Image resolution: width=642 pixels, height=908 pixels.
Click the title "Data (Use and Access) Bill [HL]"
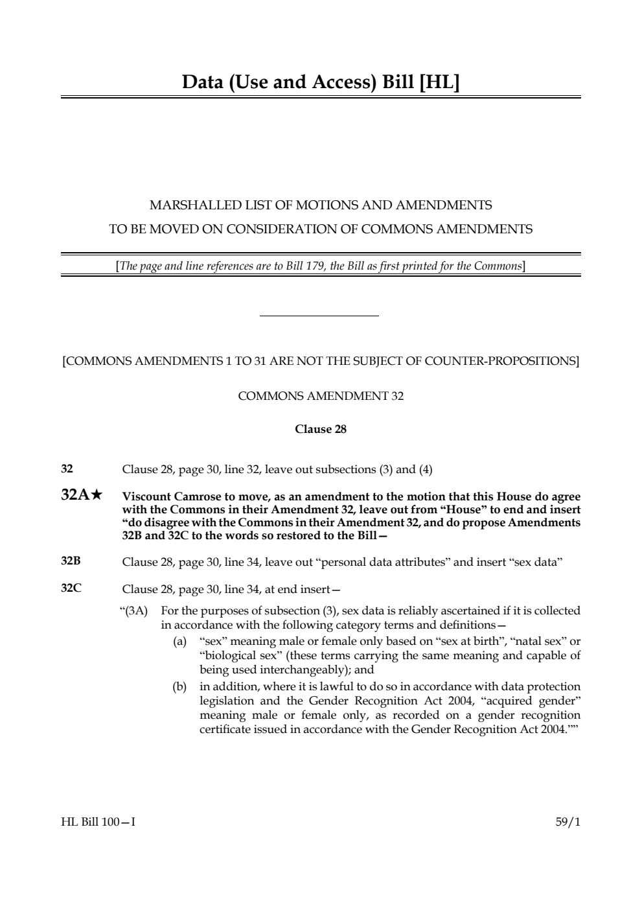tap(321, 82)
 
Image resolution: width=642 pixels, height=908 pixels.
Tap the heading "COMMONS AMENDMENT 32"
tap(321, 396)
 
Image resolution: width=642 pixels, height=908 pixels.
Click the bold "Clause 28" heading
tap(321, 429)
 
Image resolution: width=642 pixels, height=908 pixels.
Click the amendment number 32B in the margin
tap(71, 561)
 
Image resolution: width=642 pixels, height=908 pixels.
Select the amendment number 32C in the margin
tap(71, 588)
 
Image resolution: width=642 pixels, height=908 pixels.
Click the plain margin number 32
tap(67, 469)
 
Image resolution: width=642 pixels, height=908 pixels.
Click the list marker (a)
tap(179, 642)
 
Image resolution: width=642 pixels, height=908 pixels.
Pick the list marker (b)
tap(179, 686)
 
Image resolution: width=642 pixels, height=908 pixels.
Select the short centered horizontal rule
tap(319, 316)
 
